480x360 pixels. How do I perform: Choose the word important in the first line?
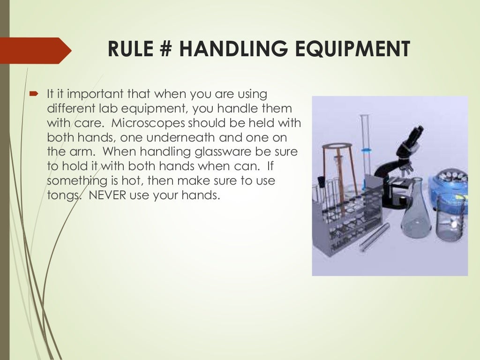89,94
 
